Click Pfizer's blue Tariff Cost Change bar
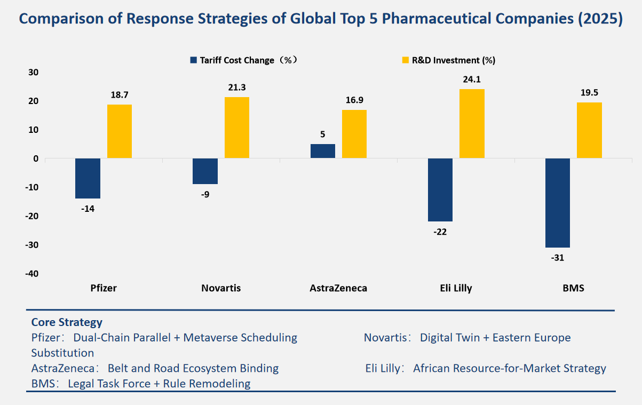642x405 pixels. [x=88, y=178]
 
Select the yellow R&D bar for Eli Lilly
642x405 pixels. [x=472, y=123]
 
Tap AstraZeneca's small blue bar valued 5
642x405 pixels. [x=322, y=151]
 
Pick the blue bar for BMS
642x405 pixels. [x=557, y=203]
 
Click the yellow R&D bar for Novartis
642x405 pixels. [x=237, y=128]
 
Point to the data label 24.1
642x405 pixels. [x=472, y=80]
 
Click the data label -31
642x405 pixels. [x=557, y=258]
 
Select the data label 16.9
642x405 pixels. [x=354, y=100]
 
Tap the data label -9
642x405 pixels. [x=205, y=194]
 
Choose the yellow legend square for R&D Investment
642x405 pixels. [x=405, y=60]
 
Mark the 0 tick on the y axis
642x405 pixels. [x=35, y=158]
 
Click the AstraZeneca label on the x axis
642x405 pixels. [x=338, y=288]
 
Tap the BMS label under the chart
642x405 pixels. [x=573, y=288]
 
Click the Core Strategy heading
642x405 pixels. [x=67, y=322]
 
